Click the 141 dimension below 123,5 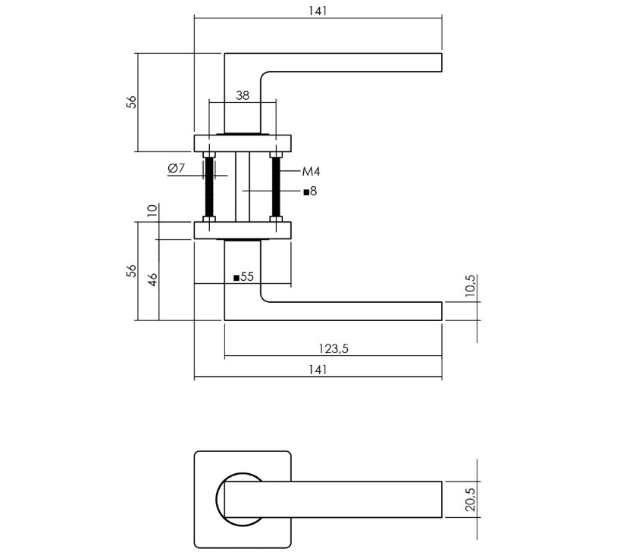(318, 369)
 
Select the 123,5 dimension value (333, 348)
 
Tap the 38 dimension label (243, 95)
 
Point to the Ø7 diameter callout (177, 168)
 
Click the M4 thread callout (311, 172)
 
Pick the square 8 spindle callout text (309, 192)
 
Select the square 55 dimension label (243, 277)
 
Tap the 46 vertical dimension (152, 279)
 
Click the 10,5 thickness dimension (470, 286)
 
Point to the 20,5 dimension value (470, 499)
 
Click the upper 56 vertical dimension (131, 102)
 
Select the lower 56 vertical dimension (131, 271)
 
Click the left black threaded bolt (209, 188)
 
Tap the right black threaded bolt (276, 188)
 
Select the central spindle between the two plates (243, 188)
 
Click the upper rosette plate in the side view (243, 144)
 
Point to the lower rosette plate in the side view (243, 230)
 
